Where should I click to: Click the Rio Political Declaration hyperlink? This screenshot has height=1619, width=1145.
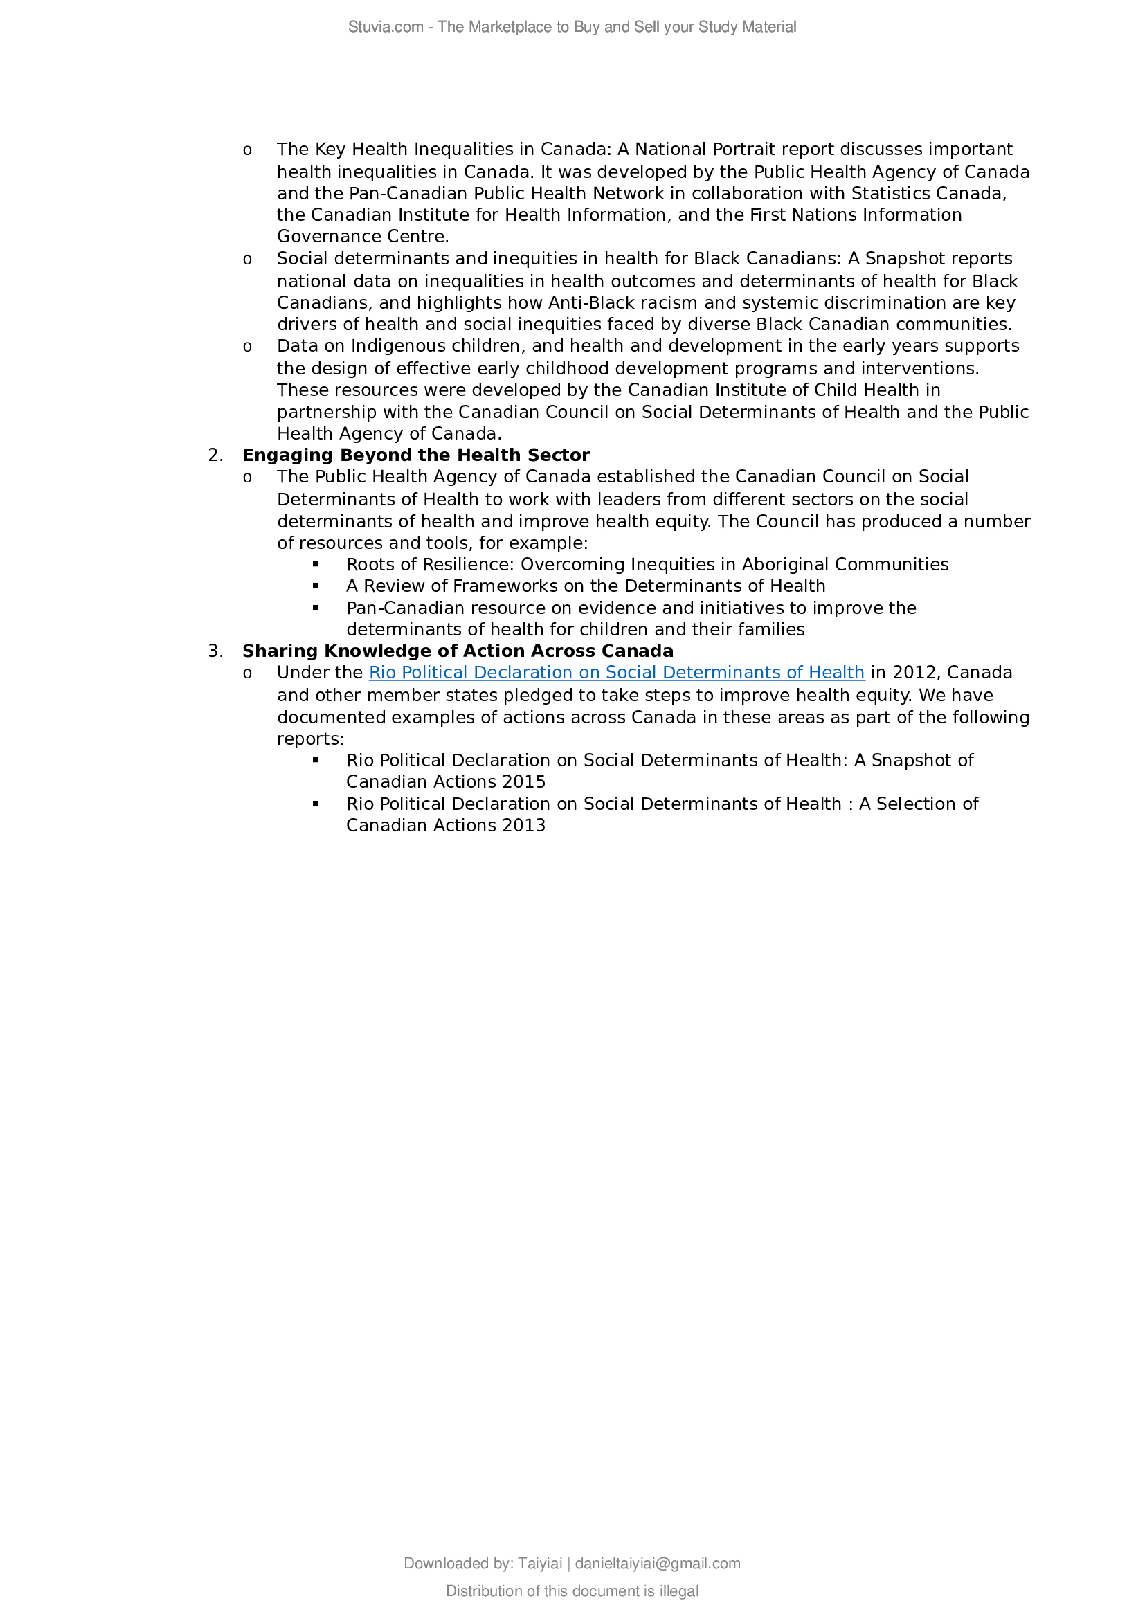(616, 673)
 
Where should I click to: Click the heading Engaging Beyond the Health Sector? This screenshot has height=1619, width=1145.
(416, 455)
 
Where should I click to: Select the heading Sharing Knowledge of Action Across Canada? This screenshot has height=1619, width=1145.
(458, 651)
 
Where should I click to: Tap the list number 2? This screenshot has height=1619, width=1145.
(215, 455)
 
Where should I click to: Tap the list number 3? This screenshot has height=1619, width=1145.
(215, 651)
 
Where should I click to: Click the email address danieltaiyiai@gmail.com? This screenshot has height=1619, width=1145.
(658, 1583)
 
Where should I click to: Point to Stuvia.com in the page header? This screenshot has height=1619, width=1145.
(386, 27)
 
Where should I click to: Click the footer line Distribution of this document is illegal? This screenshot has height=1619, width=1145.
(572, 1611)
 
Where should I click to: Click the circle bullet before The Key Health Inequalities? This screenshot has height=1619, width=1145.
(246, 150)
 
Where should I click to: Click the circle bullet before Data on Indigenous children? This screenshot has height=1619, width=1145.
(246, 347)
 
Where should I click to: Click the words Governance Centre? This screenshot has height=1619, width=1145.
(362, 237)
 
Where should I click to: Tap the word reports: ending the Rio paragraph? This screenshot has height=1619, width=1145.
(310, 739)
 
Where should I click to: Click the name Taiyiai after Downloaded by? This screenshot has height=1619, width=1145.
(539, 1583)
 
